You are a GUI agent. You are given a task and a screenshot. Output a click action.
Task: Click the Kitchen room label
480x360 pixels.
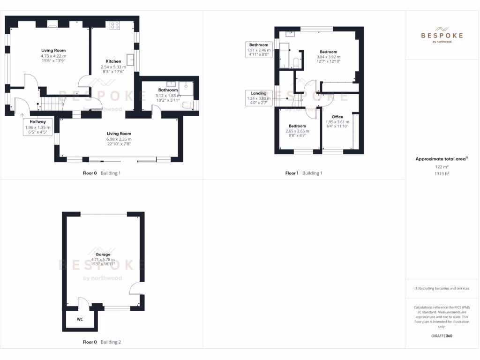pos(113,61)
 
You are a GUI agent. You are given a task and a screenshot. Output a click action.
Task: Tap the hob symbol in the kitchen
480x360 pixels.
pos(114,26)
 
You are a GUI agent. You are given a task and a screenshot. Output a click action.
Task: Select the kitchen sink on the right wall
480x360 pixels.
pos(131,59)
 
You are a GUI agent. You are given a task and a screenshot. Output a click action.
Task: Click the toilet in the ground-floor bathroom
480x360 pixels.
pos(188,105)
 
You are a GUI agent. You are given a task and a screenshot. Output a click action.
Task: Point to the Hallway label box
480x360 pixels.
pos(38,127)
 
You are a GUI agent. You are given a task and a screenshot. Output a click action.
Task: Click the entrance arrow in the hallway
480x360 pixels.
pos(22,114)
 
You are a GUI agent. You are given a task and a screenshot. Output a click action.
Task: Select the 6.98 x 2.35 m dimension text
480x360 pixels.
pos(119,139)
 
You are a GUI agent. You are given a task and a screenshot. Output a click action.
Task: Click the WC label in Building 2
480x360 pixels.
pos(80,320)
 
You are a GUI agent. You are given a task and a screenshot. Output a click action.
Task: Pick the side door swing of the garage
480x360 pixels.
pos(135,287)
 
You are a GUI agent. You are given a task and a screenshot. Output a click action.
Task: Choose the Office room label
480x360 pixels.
pos(337,117)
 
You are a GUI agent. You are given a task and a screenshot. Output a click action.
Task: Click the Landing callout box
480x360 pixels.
pos(259,98)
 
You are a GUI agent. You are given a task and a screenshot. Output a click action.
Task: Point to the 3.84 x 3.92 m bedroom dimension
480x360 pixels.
pos(328,57)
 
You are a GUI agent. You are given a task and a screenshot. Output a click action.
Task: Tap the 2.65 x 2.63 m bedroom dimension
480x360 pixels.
pos(297,131)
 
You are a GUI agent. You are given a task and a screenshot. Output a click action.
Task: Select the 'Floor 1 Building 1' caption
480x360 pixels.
pos(304,173)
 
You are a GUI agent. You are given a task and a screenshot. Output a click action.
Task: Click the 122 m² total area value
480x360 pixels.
pos(441,166)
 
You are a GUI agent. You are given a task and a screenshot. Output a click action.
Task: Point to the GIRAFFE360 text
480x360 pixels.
pos(441,336)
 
